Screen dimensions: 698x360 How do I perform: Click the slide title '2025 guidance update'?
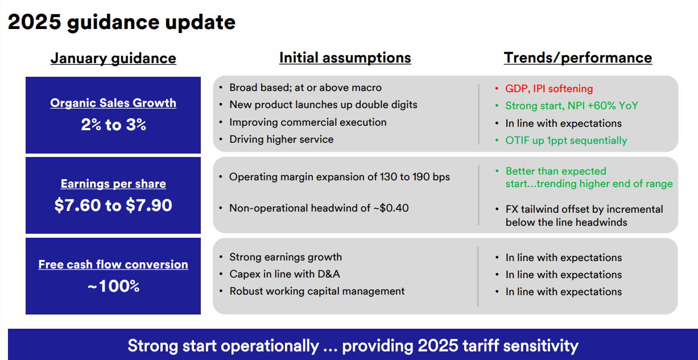click(122, 22)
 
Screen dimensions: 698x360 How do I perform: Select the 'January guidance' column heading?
click(113, 59)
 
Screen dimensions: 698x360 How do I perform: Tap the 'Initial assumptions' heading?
click(345, 58)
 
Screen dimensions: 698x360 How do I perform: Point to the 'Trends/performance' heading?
click(578, 58)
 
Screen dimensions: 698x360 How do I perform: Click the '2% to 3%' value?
click(113, 125)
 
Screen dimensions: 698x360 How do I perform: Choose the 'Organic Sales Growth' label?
click(113, 103)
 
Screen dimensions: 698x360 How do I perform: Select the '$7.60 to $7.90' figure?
click(113, 205)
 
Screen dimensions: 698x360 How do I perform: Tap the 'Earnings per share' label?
click(113, 184)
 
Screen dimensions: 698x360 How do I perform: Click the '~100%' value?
click(113, 286)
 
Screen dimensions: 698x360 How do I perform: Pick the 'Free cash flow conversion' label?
click(113, 264)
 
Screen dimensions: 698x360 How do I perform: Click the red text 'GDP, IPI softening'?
click(549, 89)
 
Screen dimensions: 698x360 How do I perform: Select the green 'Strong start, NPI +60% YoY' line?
click(572, 106)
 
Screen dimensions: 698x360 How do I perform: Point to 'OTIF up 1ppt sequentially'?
click(566, 140)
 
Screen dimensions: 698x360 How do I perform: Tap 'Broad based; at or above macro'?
click(305, 88)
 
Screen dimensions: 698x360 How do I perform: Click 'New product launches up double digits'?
click(323, 105)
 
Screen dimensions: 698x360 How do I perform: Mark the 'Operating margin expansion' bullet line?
click(340, 177)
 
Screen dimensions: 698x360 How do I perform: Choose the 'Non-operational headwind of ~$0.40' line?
click(319, 208)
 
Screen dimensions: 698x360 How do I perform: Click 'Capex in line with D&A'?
click(284, 274)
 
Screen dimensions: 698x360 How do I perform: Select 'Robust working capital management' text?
click(317, 292)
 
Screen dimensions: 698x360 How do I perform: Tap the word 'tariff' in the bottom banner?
click(481, 346)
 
